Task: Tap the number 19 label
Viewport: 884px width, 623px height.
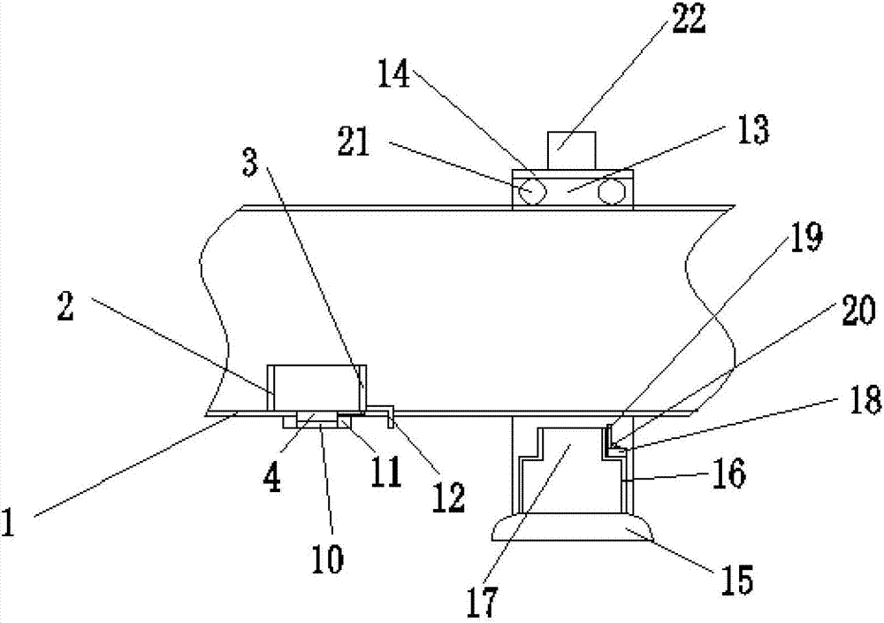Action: (806, 238)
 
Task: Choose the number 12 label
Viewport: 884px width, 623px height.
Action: (448, 498)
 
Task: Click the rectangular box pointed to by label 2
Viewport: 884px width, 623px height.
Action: (316, 387)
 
